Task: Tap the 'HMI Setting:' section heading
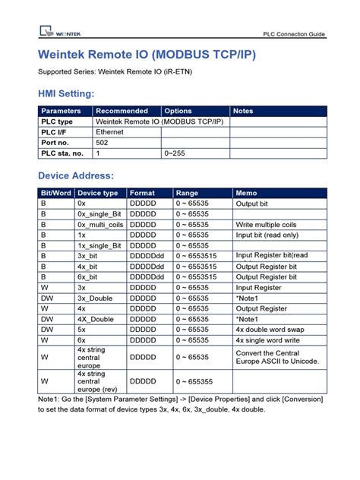pyautogui.click(x=67, y=93)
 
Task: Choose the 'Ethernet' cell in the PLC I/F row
pyautogui.click(x=110, y=131)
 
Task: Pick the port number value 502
pyautogui.click(x=102, y=142)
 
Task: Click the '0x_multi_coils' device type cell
pyautogui.click(x=99, y=225)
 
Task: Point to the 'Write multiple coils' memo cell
pyautogui.click(x=267, y=225)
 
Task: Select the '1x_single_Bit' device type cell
pyautogui.click(x=99, y=246)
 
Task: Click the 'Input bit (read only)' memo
pyautogui.click(x=268, y=235)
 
